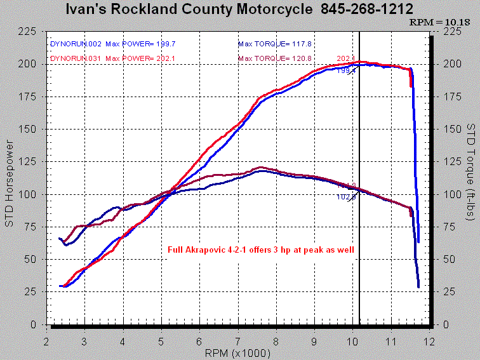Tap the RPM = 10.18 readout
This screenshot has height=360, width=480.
click(443, 22)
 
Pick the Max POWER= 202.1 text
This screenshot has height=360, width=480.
click(141, 58)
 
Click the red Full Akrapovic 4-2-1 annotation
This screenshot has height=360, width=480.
click(261, 250)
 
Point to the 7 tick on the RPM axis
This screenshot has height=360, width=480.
click(237, 342)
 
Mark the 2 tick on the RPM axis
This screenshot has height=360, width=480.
click(46, 342)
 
